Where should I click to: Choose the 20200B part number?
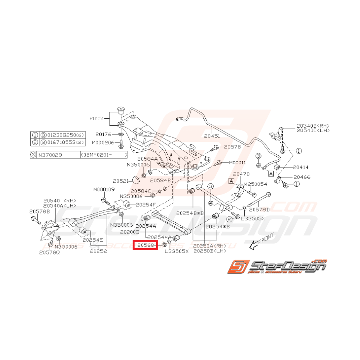point(129,232)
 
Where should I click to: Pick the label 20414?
point(300,167)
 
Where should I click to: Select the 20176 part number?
point(103,134)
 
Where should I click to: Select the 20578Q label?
point(49,253)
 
